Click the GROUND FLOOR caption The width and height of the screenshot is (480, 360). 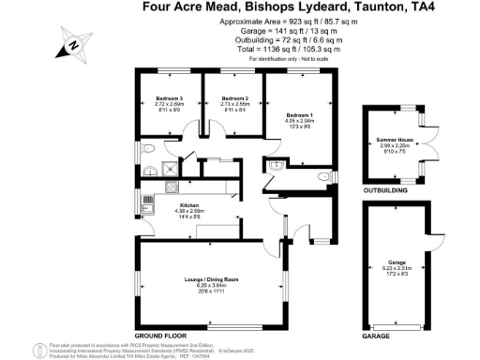pos(157,335)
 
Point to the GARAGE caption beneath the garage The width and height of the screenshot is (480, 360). pos(376,335)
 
